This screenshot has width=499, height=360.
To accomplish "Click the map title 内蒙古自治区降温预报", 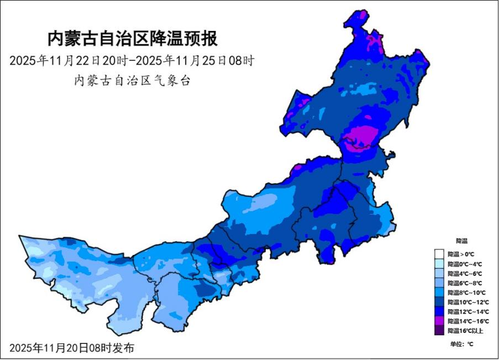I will (132, 39).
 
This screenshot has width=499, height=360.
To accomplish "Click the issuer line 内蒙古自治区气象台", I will (132, 81).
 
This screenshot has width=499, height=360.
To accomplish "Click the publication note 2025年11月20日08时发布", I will (71, 348).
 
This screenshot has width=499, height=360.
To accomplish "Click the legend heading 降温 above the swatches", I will (461, 241).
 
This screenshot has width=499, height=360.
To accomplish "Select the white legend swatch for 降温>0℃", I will (440, 254).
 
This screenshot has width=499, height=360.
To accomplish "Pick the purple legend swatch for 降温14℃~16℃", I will (440, 321).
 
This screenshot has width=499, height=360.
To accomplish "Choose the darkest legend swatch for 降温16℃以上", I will (440, 331).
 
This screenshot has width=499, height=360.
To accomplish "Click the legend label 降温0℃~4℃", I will (465, 264).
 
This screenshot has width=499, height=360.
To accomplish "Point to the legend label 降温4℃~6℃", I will (465, 273).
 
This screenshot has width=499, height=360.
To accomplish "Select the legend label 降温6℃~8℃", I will (465, 283).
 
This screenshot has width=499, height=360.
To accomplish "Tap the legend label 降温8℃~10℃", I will (465, 293).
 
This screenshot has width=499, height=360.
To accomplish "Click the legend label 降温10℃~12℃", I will (466, 302).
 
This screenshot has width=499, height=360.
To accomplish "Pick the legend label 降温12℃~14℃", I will (466, 312).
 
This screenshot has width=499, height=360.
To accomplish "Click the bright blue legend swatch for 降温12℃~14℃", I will (440, 312).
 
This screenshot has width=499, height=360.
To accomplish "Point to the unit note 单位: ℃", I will (461, 343).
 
